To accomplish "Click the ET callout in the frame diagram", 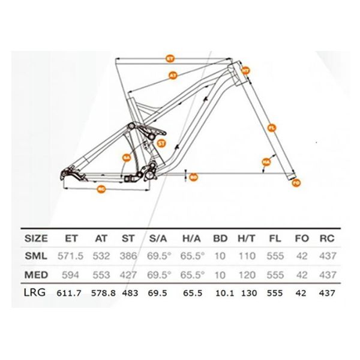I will click(x=170, y=58).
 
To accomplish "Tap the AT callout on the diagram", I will click(x=173, y=76).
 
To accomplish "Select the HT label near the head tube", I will click(x=245, y=70).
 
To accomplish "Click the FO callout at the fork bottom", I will click(x=295, y=182).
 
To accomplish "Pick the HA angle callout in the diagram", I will click(x=265, y=162).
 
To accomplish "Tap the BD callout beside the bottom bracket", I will click(x=193, y=177).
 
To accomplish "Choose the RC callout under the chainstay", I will click(x=101, y=189).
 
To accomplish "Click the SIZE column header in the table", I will click(x=37, y=238).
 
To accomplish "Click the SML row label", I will click(x=37, y=256).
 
